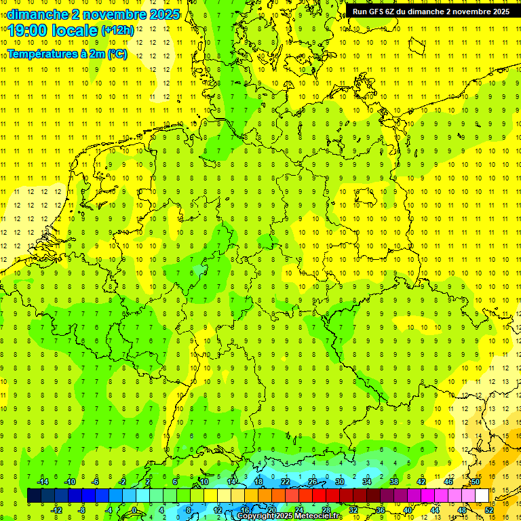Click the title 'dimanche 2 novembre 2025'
[94, 14]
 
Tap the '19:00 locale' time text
[53, 30]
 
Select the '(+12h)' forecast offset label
[117, 31]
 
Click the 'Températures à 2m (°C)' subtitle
[67, 54]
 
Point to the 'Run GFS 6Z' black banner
[431, 12]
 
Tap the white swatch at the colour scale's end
[482, 495]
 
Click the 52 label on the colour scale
[489, 509]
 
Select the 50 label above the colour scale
[476, 482]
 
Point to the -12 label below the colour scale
[56, 509]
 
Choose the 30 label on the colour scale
[339, 482]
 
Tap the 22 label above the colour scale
[285, 482]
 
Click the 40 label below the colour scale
[407, 509]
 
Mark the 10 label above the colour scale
[204, 482]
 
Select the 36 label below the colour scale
[380, 509]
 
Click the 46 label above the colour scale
[448, 482]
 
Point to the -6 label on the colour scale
[96, 482]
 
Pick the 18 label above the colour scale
[258, 482]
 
